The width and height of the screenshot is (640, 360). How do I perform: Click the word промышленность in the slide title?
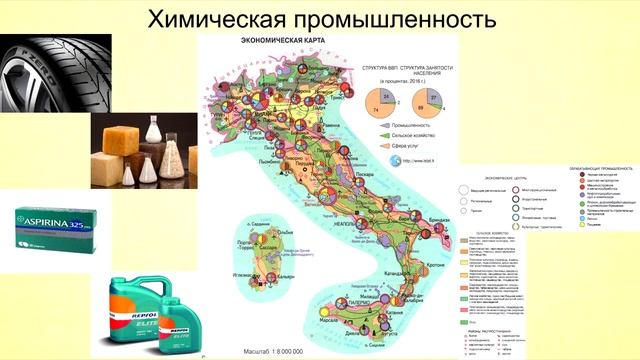click(402, 20)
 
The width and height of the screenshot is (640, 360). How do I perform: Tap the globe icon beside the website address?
click(397, 160)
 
